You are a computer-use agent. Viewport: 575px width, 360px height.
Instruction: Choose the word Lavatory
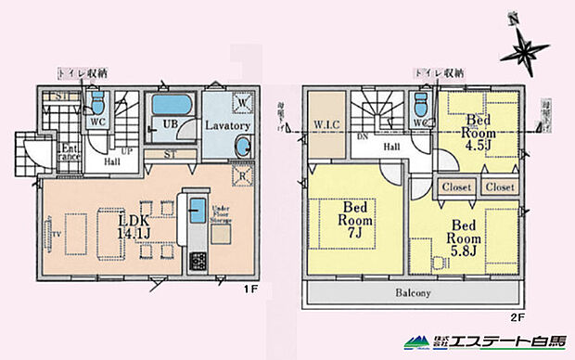pos(224,125)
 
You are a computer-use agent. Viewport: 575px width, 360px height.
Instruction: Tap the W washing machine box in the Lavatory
pos(238,101)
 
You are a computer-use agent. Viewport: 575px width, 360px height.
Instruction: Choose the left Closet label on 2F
pos(456,186)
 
